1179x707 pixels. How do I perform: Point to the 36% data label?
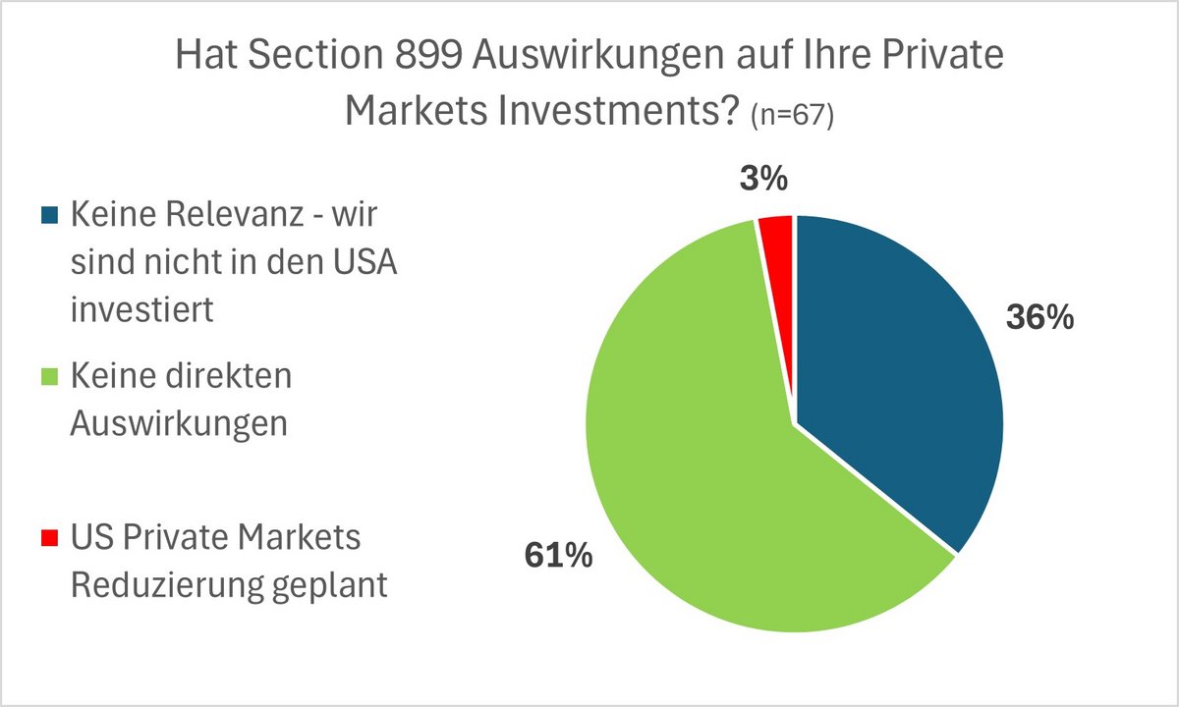1039,319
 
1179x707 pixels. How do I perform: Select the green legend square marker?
50,376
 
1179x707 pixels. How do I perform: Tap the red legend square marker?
50,539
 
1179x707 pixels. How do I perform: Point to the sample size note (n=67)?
792,115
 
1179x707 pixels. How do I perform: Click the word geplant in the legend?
337,587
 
